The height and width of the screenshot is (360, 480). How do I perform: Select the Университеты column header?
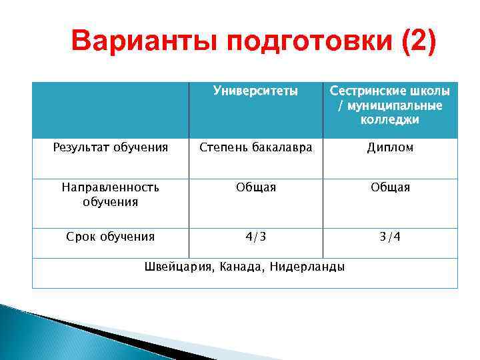click(255, 91)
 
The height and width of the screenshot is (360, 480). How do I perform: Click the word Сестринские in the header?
click(369, 91)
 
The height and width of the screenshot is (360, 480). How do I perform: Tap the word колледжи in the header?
click(390, 120)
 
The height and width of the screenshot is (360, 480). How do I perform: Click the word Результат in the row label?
click(79, 147)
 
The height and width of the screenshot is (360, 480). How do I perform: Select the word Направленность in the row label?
click(111, 188)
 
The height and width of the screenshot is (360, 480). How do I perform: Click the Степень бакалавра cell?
click(256, 147)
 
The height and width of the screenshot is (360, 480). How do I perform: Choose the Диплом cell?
click(390, 147)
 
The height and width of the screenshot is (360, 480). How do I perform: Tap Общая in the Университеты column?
click(256, 188)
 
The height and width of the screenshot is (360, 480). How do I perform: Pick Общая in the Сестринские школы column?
click(390, 188)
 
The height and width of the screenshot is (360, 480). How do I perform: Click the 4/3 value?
click(256, 236)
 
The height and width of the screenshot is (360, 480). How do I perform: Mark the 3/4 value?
click(390, 236)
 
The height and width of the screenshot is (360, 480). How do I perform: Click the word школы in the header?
click(431, 91)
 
